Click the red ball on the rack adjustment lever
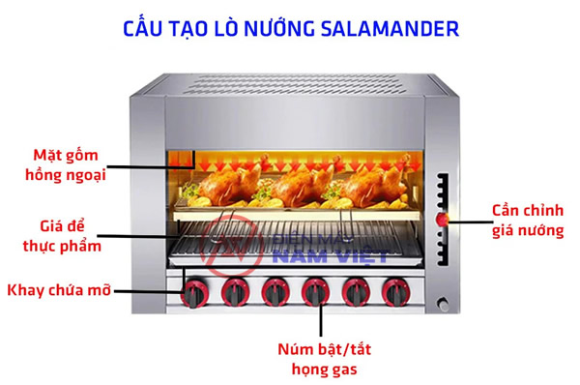click(445, 220)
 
